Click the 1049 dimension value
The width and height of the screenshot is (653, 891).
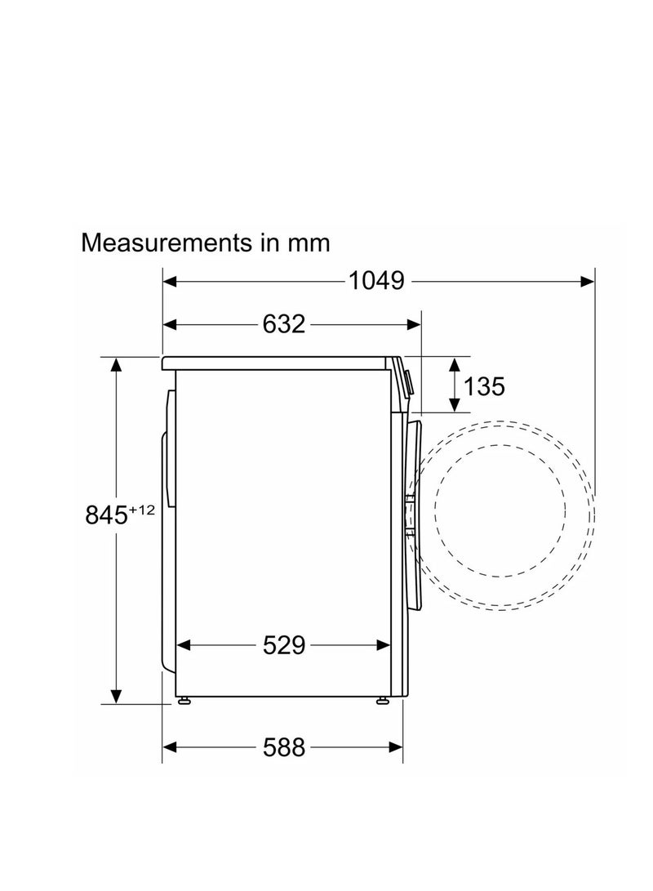tap(376, 281)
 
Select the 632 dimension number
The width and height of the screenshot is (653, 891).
tap(284, 324)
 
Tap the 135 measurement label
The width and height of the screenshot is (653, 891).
tap(484, 386)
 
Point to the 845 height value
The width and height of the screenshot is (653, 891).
tap(105, 515)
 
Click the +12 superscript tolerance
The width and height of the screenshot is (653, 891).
tap(141, 510)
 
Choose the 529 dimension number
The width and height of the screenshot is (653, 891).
tap(284, 645)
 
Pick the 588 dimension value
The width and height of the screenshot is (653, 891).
tap(284, 747)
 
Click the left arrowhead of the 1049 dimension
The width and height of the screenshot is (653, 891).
tap(170, 281)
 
